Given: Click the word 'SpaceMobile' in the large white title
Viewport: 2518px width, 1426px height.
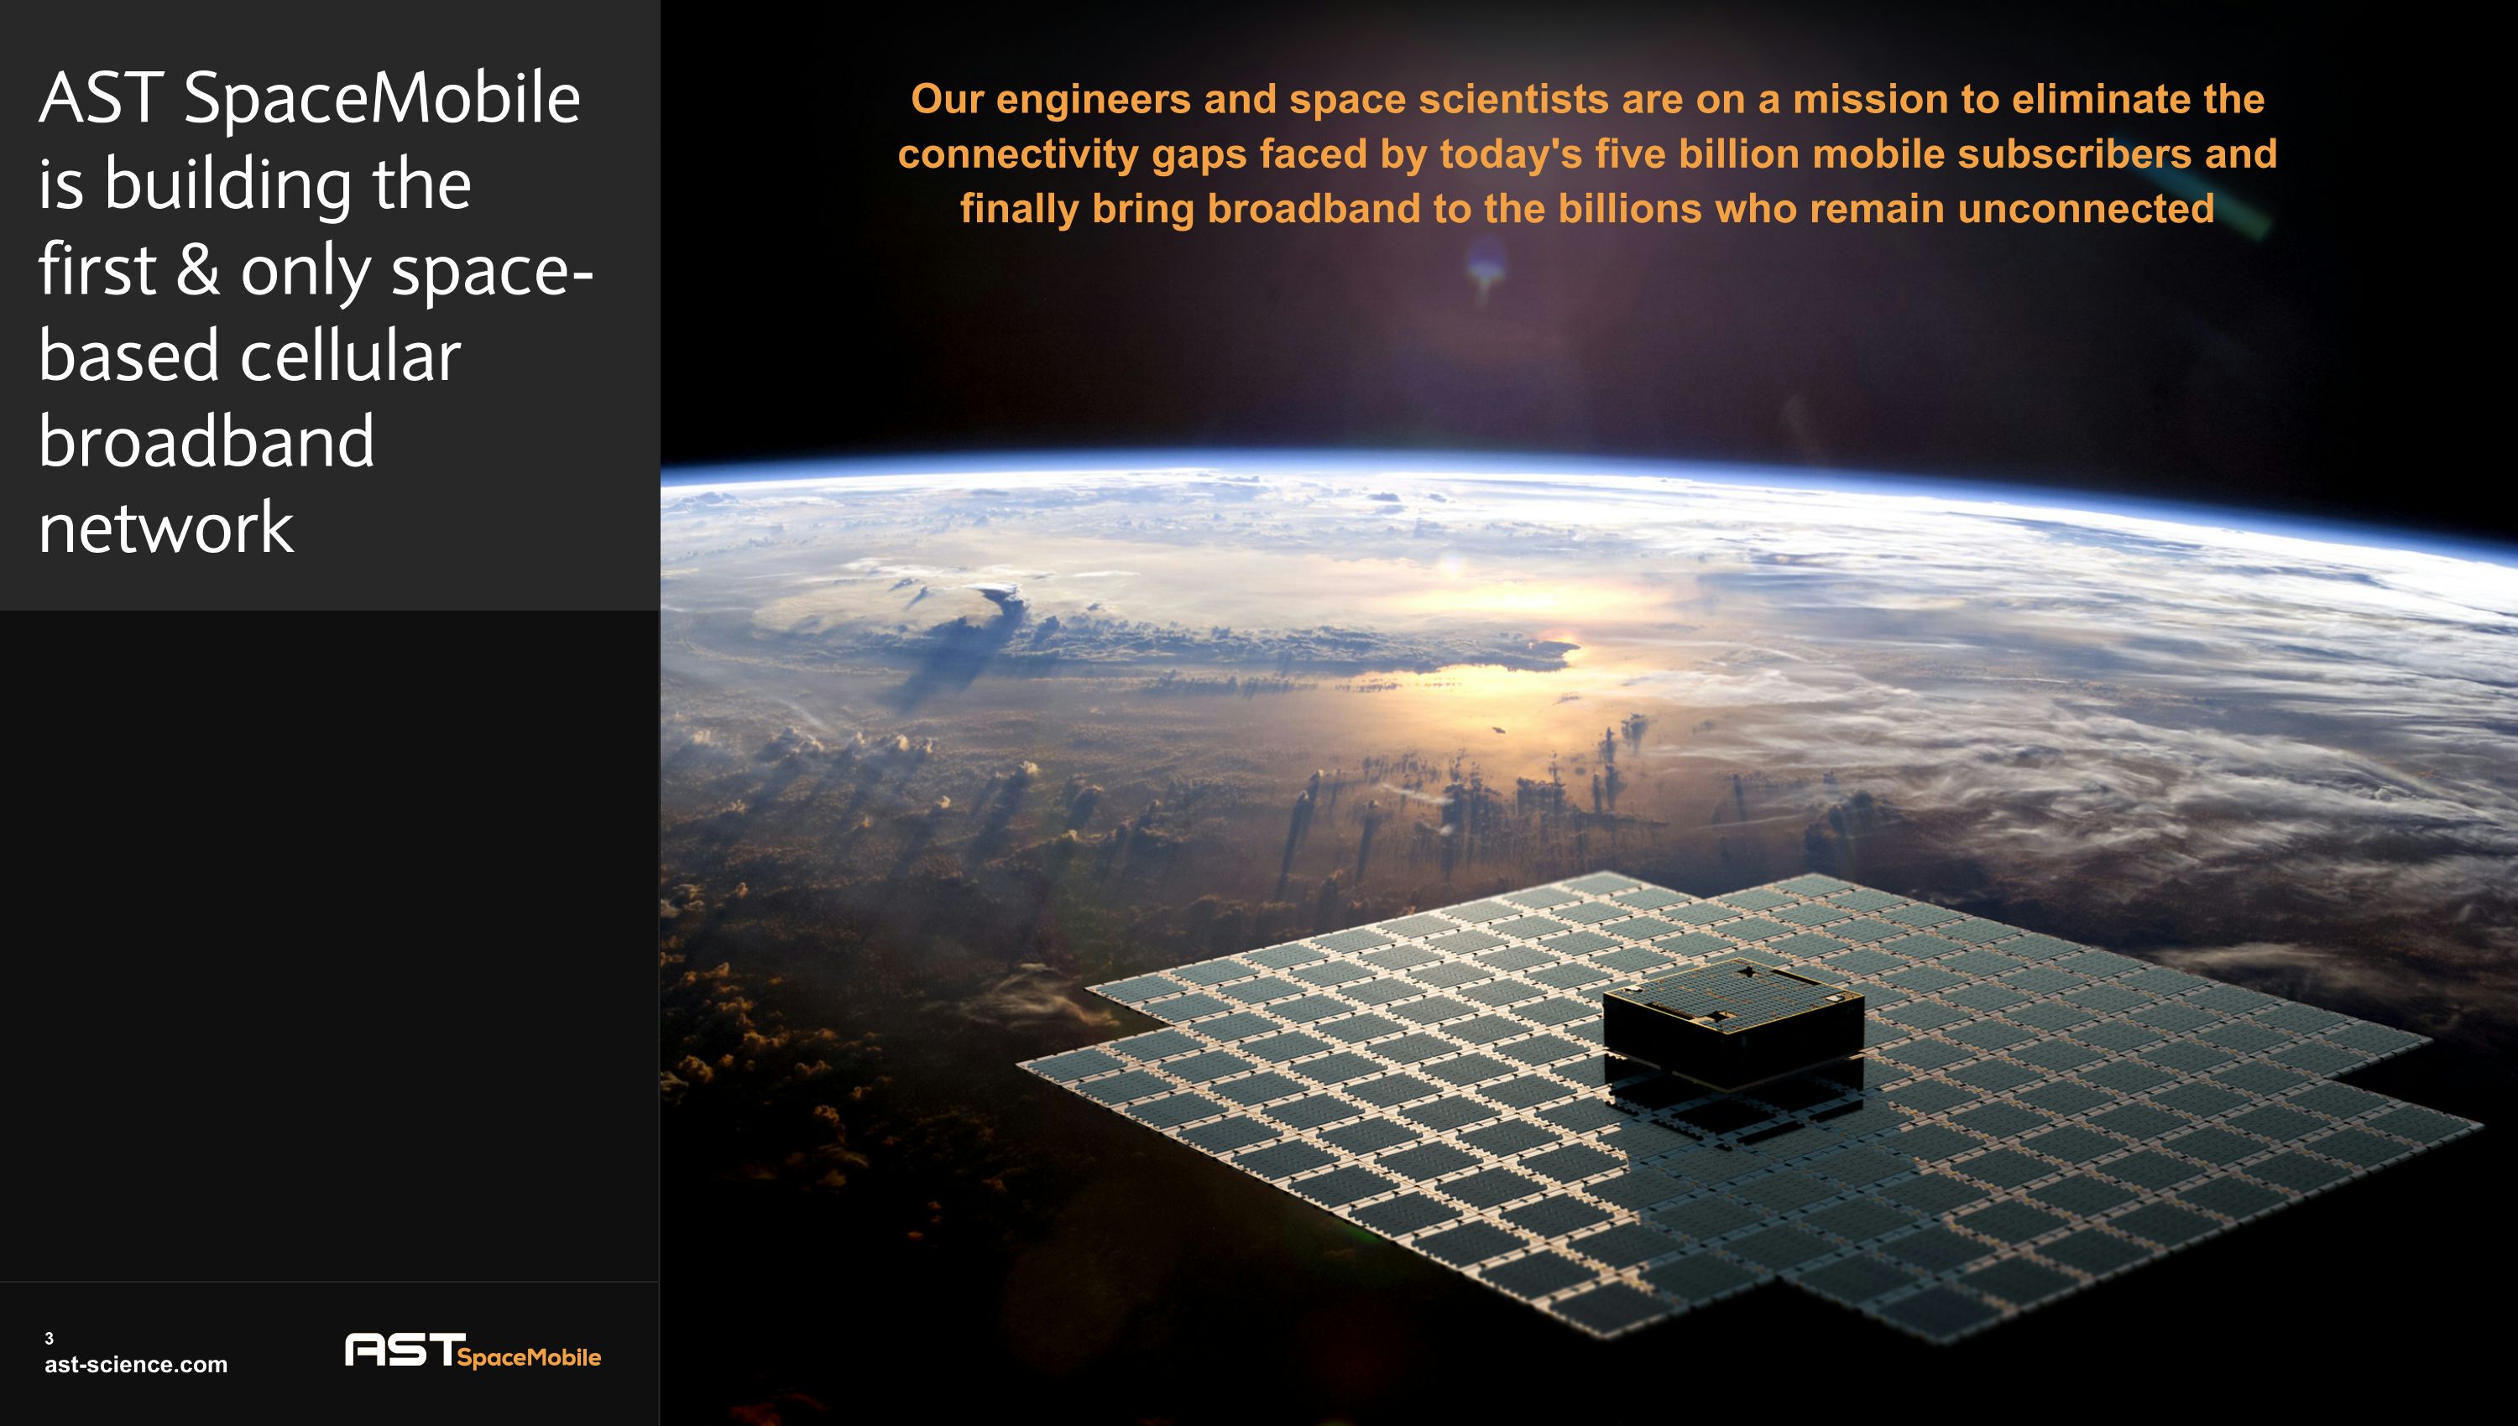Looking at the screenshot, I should click(381, 100).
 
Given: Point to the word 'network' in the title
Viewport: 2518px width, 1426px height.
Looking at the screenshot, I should click(165, 528).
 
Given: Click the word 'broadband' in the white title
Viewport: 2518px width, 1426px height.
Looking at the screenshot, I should click(206, 442).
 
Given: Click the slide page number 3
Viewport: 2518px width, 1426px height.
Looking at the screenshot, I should click(49, 1338).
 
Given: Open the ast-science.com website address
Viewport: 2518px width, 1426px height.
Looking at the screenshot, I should click(135, 1364).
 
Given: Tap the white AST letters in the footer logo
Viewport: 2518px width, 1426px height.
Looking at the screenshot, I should click(400, 1350).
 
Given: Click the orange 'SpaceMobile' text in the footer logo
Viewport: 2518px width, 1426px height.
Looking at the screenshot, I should click(529, 1357).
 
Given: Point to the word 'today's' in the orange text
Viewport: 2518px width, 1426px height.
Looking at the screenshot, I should click(1510, 154).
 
